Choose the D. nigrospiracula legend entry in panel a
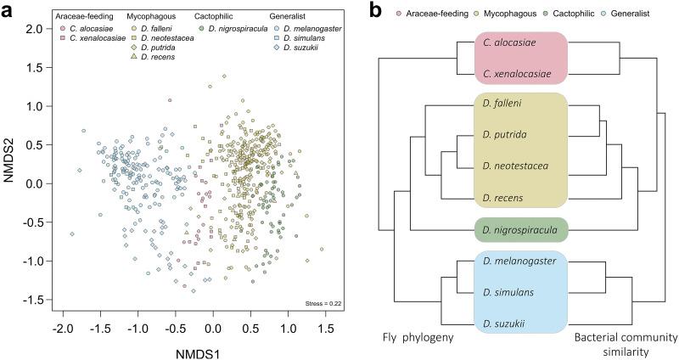pyautogui.click(x=232, y=28)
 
